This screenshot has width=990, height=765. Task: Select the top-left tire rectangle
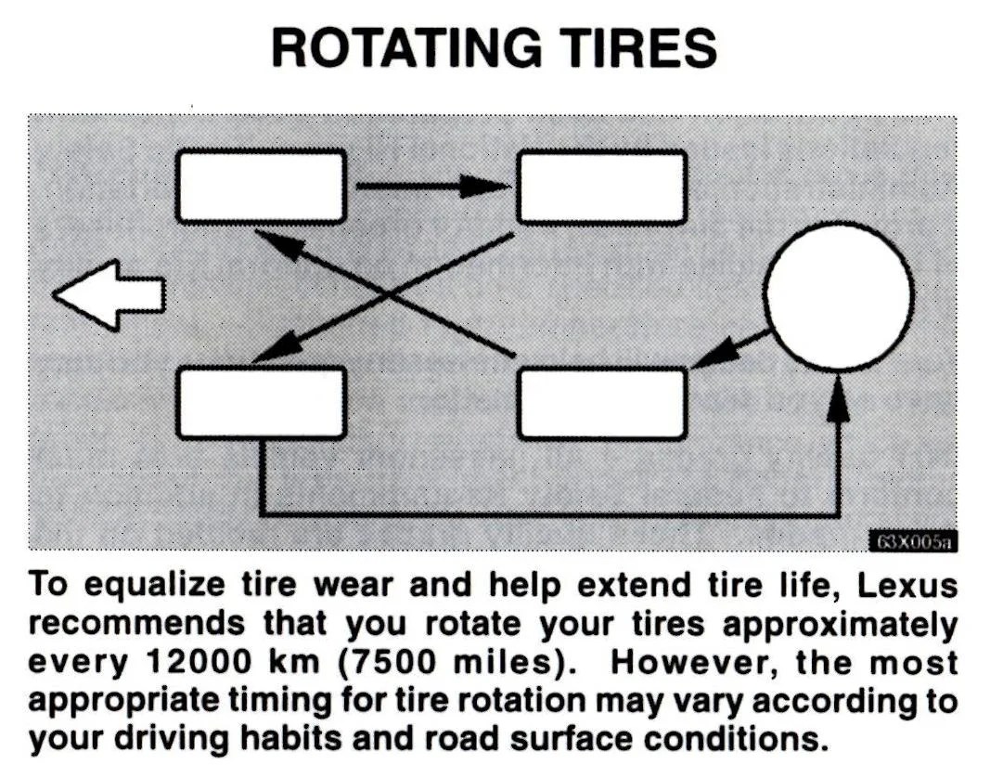coord(261,186)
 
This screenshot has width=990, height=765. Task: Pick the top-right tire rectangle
coord(601,186)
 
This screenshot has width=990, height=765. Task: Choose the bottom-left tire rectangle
coord(261,401)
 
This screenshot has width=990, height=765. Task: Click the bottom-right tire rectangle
coord(602,401)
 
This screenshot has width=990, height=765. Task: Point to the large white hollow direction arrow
coord(109,295)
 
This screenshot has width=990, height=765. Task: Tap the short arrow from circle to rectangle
coord(729,349)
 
